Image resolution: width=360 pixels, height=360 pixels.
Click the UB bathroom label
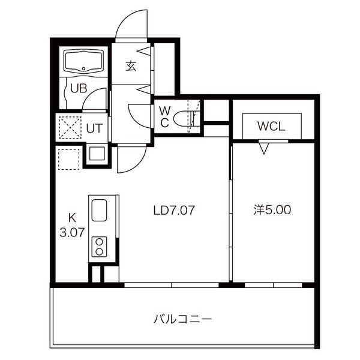tap(79, 88)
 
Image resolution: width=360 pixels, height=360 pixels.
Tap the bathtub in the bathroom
tap(83, 61)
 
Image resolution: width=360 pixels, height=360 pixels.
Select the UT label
tap(94, 128)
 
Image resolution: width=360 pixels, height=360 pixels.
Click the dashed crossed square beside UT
tap(70, 128)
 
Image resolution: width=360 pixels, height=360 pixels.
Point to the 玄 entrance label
tap(131, 66)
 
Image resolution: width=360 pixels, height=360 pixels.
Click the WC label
tap(165, 118)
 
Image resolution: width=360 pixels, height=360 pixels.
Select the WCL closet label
tap(271, 126)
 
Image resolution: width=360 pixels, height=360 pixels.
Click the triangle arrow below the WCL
tap(264, 149)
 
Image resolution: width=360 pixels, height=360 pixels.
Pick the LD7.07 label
tap(174, 210)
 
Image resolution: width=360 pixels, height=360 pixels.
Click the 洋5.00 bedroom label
tap(272, 210)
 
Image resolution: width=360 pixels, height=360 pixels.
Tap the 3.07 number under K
tap(72, 232)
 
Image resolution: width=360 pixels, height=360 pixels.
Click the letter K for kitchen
tap(72, 218)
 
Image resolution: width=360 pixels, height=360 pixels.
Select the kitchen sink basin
tap(100, 210)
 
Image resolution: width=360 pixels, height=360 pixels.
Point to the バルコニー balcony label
tap(182, 319)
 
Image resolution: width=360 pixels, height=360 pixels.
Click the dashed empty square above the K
tap(69, 159)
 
